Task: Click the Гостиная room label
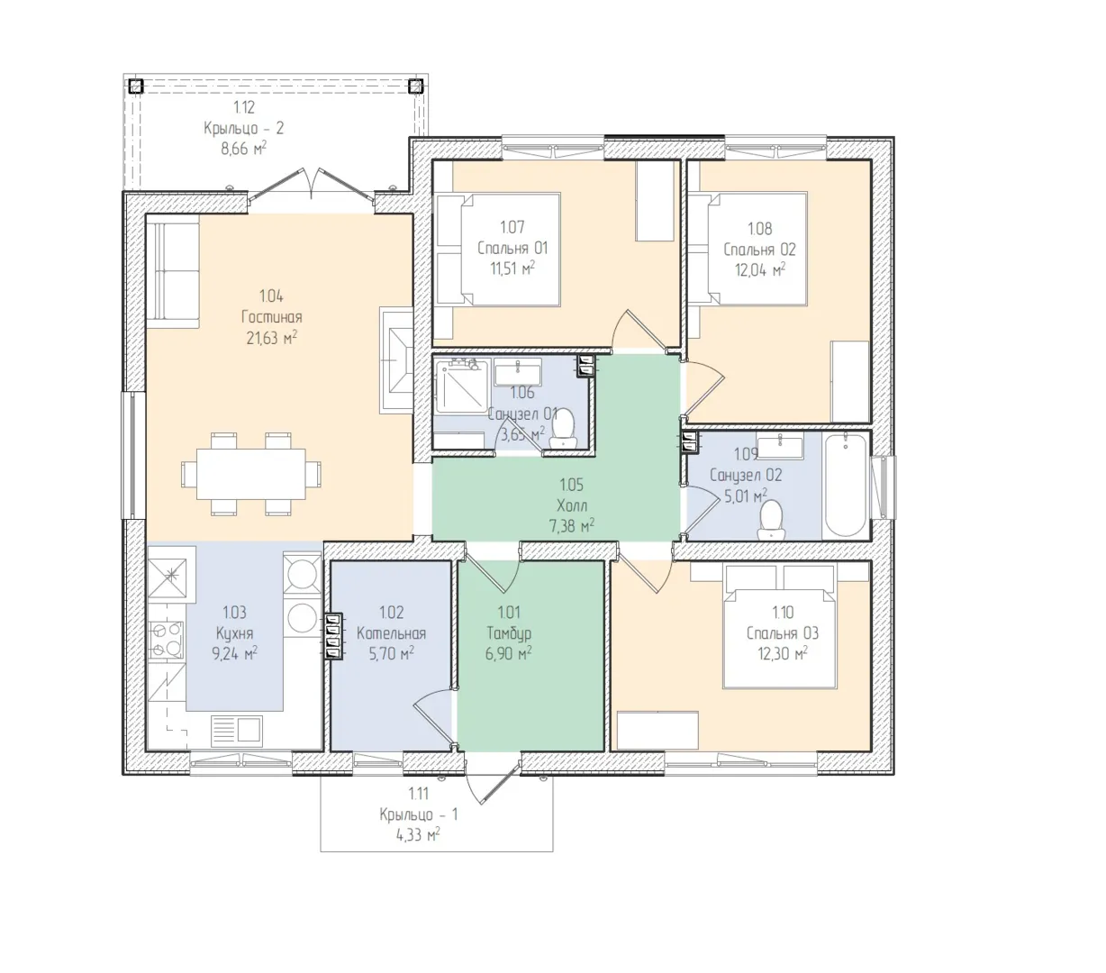271,317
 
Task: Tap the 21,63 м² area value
271,338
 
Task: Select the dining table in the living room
251,473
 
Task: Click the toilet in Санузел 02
771,519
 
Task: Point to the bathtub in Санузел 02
845,485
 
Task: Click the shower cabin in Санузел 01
461,385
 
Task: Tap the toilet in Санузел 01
563,429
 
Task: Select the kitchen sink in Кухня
236,730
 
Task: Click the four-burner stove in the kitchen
166,641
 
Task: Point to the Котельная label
391,633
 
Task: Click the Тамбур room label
509,633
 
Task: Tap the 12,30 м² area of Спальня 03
783,653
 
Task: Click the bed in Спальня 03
780,627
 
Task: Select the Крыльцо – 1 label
419,814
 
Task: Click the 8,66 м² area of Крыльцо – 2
243,148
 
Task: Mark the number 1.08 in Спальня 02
760,229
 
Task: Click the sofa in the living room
173,271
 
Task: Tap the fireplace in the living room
396,361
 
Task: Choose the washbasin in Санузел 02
780,447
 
